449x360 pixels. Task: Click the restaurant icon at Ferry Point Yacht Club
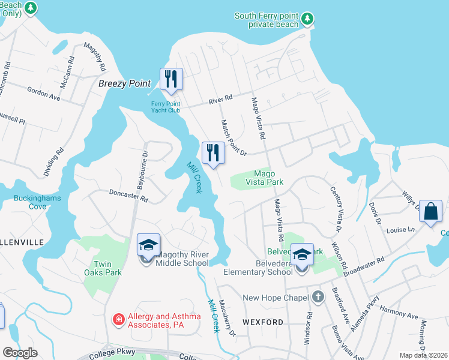[171, 79]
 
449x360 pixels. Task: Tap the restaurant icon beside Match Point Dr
[212, 153]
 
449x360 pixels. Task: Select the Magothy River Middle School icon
[148, 245]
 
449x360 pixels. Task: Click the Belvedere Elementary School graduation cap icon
[302, 254]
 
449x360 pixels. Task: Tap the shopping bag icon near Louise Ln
[430, 211]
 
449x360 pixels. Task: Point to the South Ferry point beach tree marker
[308, 19]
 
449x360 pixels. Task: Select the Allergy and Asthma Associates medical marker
[119, 319]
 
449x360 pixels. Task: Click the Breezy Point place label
[124, 84]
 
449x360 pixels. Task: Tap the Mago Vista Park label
[265, 178]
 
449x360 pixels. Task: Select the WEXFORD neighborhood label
[262, 322]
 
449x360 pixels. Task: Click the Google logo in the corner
[20, 352]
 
